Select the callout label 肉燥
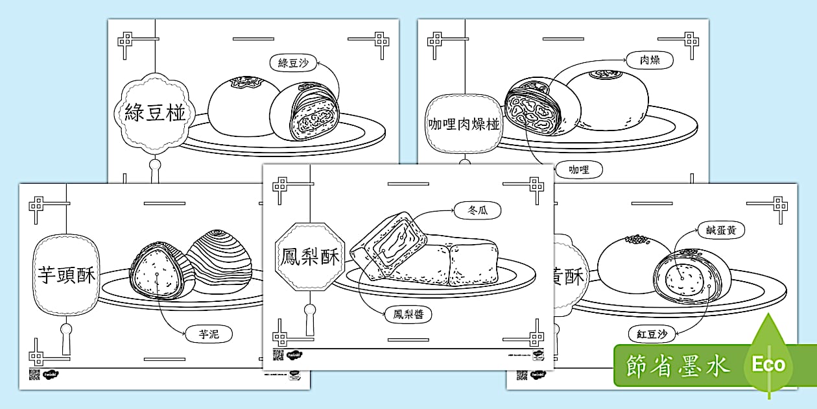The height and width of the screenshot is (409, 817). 650,60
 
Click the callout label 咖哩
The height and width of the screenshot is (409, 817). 579,170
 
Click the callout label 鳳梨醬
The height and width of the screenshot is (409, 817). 408,315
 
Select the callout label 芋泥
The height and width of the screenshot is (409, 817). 208,335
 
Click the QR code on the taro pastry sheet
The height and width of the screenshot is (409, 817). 34,374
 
